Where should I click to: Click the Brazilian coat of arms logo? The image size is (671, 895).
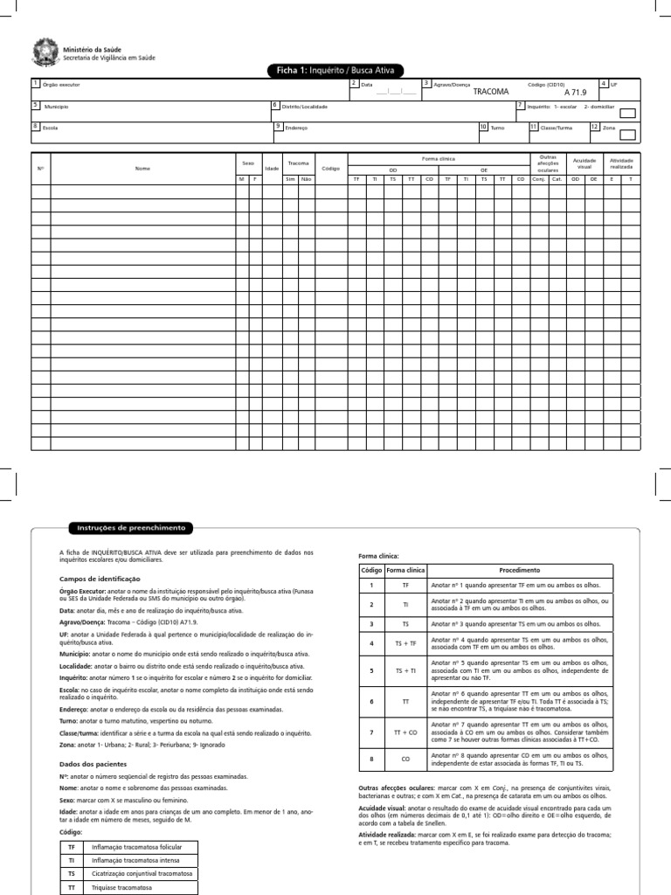coord(43,52)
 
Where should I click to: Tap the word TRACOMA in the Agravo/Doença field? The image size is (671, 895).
coord(490,91)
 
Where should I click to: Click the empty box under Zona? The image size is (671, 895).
coord(627,134)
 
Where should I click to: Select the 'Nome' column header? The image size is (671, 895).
coord(142,168)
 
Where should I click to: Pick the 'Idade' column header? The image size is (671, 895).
coord(272,168)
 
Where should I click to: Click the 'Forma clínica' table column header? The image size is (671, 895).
coord(439,158)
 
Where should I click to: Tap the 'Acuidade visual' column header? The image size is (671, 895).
coord(584,163)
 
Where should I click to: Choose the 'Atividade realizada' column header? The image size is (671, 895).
coord(622,163)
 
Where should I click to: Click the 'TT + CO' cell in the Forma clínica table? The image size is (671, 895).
coord(405,732)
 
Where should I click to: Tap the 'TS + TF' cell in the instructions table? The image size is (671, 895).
coord(405,643)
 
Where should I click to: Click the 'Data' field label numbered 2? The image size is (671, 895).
coord(366,86)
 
